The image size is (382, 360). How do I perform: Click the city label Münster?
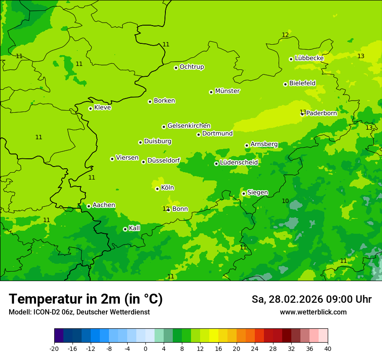[227, 91]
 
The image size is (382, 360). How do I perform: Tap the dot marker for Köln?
[157, 189]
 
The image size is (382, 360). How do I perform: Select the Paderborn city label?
[321, 113]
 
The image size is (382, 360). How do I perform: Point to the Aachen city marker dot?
[89, 206]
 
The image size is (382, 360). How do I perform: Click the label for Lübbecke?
[309, 58]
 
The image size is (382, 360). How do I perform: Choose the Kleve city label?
[102, 108]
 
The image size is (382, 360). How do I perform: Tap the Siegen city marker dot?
[244, 193]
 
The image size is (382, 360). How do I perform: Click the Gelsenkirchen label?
[189, 126]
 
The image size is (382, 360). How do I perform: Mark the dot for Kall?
[125, 229]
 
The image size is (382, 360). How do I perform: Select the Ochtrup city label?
[192, 67]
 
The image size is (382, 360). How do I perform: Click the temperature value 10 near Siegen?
[285, 201]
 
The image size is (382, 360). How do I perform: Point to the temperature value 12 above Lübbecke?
[285, 35]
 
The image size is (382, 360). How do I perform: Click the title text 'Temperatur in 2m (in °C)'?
[86, 299]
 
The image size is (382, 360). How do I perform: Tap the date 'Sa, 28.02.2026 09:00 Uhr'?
[311, 299]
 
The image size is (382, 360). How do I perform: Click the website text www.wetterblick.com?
[313, 312]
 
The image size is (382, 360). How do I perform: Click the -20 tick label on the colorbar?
[54, 349]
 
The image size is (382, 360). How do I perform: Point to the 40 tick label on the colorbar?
[328, 349]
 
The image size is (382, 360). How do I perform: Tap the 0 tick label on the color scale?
[145, 349]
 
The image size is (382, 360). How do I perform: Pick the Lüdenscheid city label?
[239, 163]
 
